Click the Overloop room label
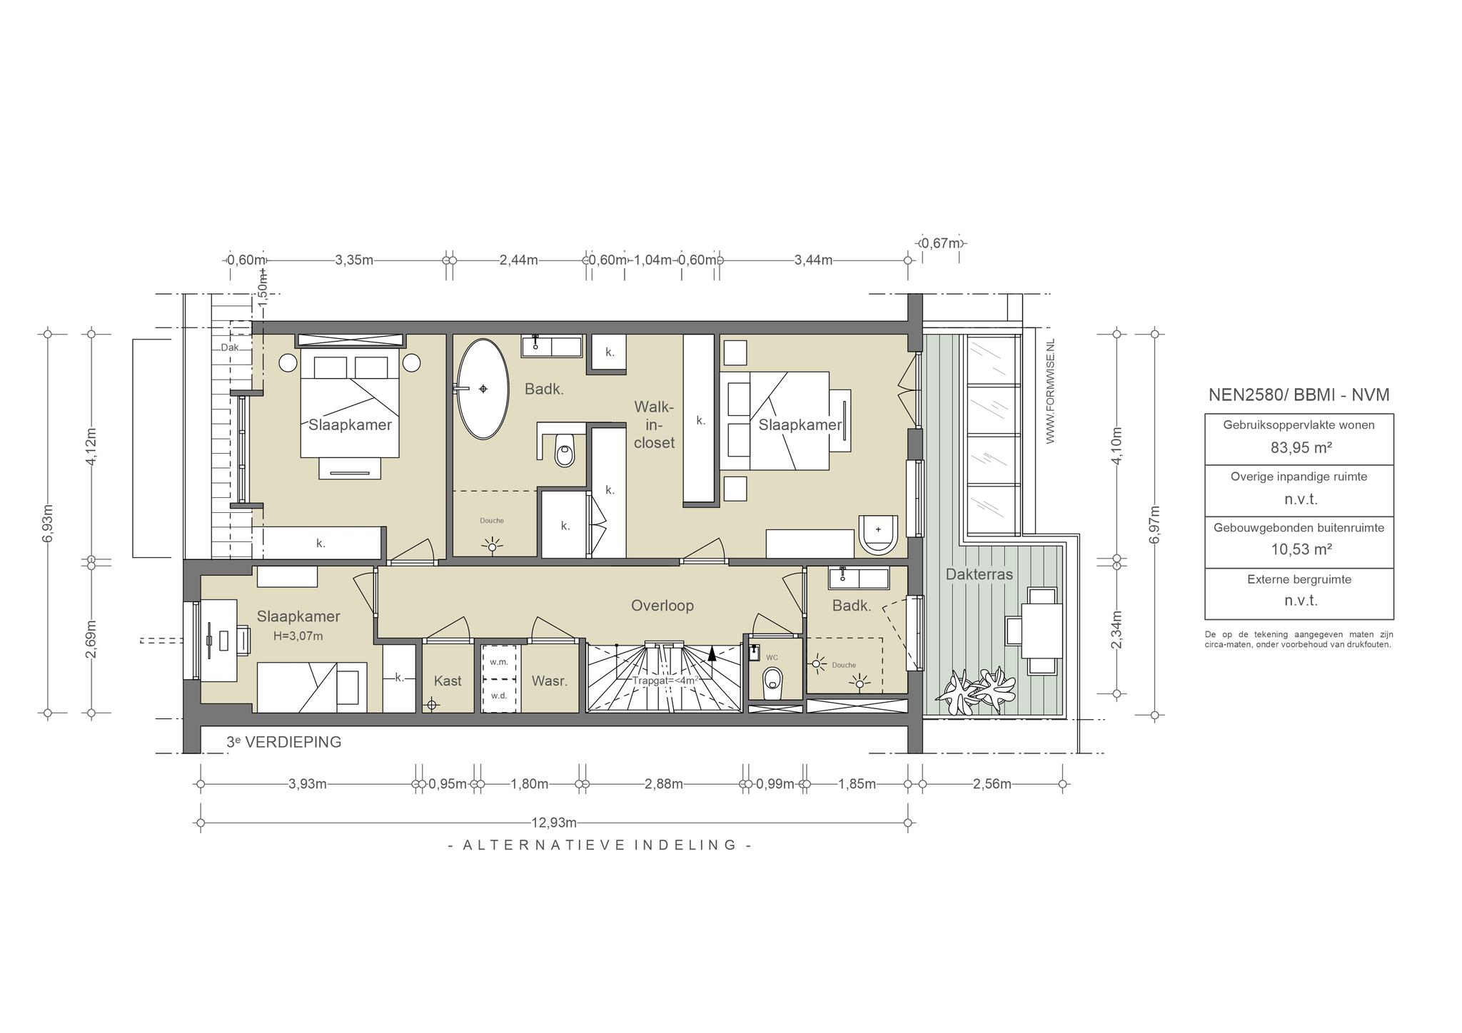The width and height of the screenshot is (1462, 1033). point(662,606)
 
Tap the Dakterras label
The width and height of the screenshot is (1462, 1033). point(979,574)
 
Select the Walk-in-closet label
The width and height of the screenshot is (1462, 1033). point(654,424)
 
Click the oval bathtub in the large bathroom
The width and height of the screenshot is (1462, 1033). point(483,389)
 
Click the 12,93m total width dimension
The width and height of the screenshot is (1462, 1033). point(554,823)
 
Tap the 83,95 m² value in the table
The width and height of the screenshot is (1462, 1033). point(1299,447)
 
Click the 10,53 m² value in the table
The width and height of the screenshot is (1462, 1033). point(1299,549)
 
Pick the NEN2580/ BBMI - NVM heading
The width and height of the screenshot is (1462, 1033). point(1299,395)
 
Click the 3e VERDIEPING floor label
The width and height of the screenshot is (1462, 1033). point(283,742)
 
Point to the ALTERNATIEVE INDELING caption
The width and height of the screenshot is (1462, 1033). point(600,845)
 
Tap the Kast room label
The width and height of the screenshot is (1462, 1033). point(448,681)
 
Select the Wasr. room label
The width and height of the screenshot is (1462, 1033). point(550,681)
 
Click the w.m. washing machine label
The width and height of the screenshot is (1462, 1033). point(499,662)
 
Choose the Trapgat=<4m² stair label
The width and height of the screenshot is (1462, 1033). point(665,681)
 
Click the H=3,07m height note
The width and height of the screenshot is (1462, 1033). point(298,636)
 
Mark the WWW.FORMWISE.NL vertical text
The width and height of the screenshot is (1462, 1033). point(1050,392)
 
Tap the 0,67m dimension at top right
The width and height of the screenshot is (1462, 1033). point(941,243)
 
